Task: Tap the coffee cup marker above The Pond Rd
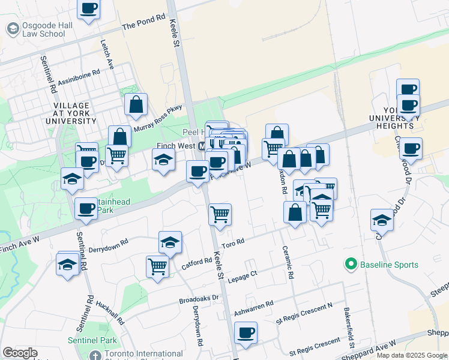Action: coord(89,10)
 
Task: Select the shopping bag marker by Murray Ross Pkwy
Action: coord(136,105)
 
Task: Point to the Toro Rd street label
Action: coord(232,242)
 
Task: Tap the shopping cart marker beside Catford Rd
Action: coord(157,266)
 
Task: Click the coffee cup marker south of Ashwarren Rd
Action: coord(246,333)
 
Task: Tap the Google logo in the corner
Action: coord(20,353)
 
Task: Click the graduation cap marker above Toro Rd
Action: coord(170,243)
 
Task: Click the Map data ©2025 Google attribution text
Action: coord(412,355)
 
